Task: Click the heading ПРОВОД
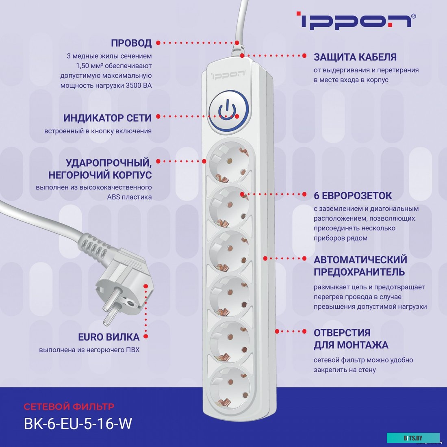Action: click(131, 43)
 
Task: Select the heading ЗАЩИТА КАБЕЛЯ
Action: click(355, 57)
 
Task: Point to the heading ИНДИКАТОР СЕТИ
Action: click(107, 118)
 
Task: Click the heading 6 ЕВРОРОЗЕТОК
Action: click(352, 195)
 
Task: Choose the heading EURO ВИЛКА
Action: click(108, 337)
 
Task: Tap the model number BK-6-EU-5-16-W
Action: click(78, 423)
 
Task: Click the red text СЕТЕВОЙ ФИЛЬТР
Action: click(69, 406)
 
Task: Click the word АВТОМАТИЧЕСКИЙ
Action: click(360, 259)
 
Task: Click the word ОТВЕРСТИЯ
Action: click(342, 332)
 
